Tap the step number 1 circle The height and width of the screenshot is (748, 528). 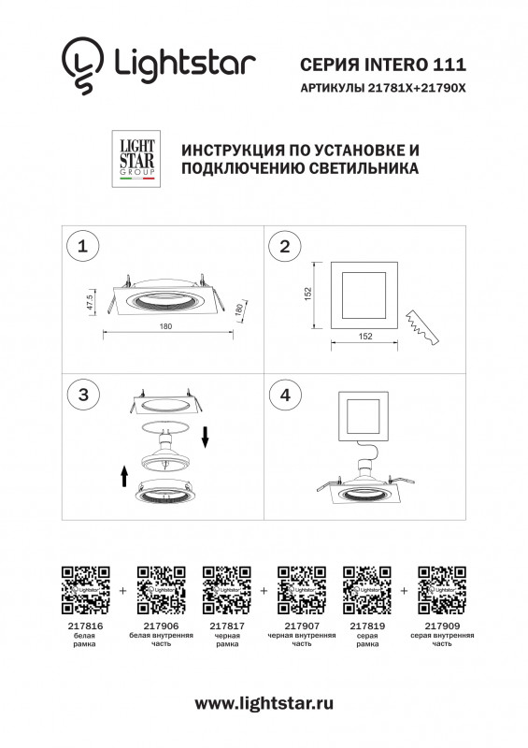tap(84, 247)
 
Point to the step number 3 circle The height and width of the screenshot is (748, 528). tap(84, 395)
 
